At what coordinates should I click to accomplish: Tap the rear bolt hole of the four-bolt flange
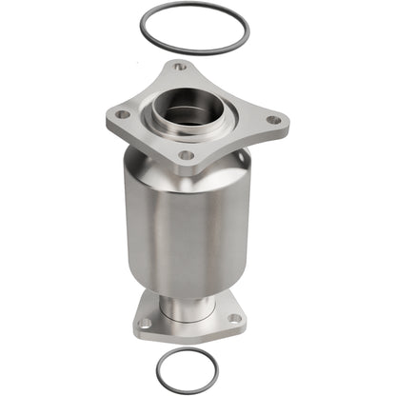(x=179, y=68)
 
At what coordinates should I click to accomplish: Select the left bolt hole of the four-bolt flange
(x=122, y=114)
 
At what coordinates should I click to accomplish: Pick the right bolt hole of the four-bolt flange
(x=273, y=120)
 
